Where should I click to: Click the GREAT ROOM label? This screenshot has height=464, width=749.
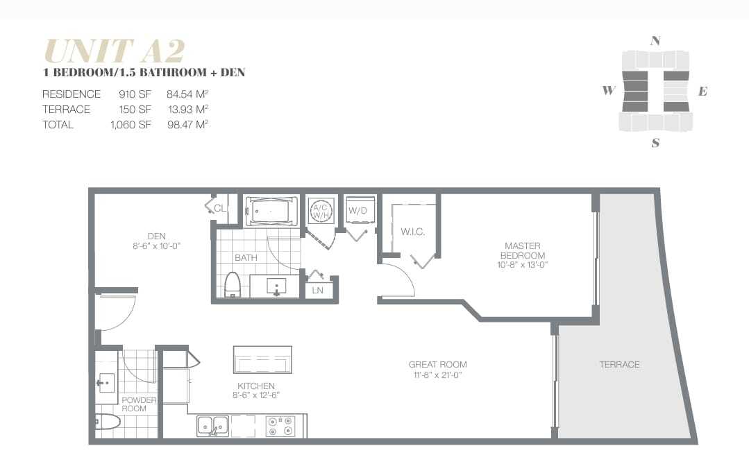(437, 369)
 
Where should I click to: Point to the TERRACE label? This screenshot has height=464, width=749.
(619, 364)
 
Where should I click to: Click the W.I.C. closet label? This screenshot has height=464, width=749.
(412, 232)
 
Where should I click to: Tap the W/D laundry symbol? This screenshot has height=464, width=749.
(358, 210)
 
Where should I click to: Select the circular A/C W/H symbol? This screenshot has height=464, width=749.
(321, 211)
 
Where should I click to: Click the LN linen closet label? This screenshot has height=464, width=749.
(318, 290)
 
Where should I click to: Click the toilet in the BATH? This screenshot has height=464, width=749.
(233, 284)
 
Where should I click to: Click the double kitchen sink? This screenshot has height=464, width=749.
(212, 425)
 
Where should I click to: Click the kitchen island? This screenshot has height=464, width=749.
(262, 359)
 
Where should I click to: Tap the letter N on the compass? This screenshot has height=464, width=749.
(655, 41)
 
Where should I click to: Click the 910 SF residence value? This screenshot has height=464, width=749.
(135, 94)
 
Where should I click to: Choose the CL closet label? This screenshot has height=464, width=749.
(220, 207)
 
